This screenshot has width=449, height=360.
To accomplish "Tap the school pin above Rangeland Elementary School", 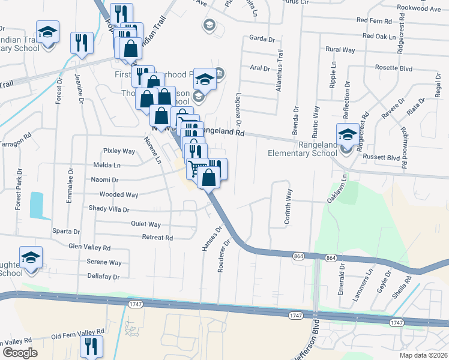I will (348, 134).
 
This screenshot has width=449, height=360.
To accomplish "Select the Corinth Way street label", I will (288, 207).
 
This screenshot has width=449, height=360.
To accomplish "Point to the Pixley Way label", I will (119, 151).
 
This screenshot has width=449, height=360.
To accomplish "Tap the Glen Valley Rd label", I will (89, 247).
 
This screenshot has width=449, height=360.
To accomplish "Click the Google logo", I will (20, 352).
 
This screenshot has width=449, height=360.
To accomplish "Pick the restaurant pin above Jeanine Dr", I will (82, 43).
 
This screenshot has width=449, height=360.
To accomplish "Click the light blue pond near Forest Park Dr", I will (36, 205).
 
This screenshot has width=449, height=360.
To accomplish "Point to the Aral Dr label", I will (260, 68).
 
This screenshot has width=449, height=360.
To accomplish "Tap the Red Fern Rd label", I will (374, 20).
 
